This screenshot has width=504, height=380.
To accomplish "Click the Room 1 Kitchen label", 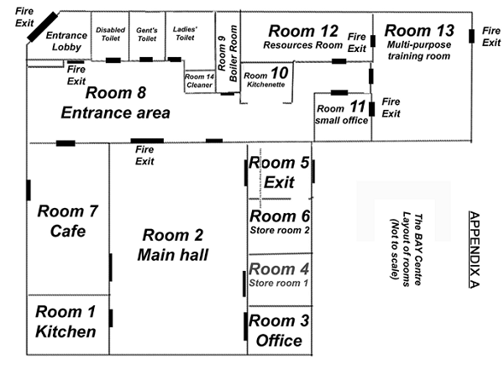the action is tap(66, 321).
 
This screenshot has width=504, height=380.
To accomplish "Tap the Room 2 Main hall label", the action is tap(173, 245).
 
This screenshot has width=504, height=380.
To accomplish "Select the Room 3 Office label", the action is tap(279, 331).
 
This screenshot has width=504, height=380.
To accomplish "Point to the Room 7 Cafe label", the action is tap(67, 221).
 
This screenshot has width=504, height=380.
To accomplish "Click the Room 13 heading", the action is tap(419, 31).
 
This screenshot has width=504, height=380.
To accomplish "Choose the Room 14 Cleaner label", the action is tap(199, 81).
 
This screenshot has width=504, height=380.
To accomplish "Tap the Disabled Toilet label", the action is tap(111, 34).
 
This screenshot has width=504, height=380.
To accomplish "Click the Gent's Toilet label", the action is tap(147, 34).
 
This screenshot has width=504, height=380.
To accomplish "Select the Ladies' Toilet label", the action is tap(185, 34).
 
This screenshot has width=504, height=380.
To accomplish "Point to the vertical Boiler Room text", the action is tap(234, 54).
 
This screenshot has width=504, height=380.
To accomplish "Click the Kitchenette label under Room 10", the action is tap(266, 85).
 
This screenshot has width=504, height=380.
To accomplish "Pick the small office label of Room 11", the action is tap(341, 120).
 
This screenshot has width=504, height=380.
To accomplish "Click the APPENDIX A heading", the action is tap(475, 250).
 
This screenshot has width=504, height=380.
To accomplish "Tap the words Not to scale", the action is tap(395, 249).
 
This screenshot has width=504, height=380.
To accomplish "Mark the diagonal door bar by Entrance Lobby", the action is tap(43, 27).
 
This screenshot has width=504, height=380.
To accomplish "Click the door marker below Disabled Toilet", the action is tap(113, 60).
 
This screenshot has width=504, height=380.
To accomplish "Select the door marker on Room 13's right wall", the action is tap(471, 36).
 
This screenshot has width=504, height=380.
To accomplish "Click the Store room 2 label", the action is tap(280, 230).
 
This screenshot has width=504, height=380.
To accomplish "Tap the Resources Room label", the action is tap(302, 45).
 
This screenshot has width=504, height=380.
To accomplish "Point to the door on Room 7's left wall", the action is tap(29, 190).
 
